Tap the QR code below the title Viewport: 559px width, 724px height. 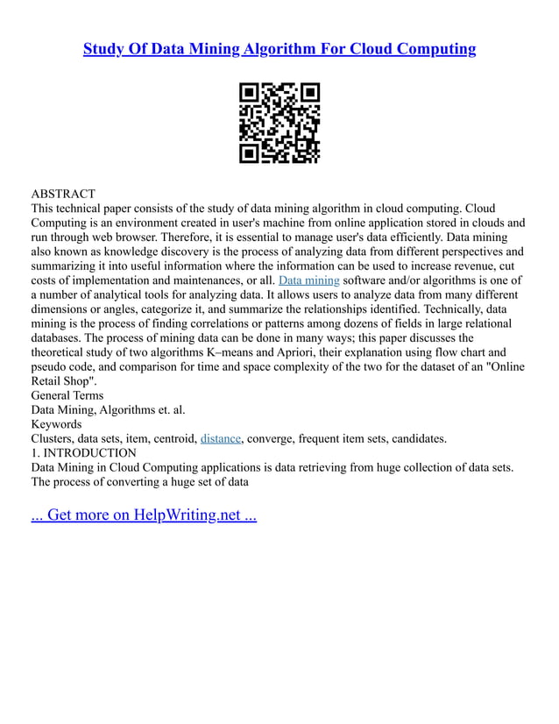tap(279, 123)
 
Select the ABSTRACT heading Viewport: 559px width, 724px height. tap(63, 193)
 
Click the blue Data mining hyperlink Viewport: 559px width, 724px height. tap(308, 280)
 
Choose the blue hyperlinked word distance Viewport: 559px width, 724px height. tap(220, 438)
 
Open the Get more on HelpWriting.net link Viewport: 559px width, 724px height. tap(144, 515)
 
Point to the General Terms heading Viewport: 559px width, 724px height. tap(67, 396)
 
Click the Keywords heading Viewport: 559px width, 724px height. tap(57, 423)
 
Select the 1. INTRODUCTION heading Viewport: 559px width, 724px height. tap(84, 453)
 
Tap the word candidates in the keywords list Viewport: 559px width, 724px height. tap(414, 438)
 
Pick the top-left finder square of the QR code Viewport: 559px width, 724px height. tap(250, 94)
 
